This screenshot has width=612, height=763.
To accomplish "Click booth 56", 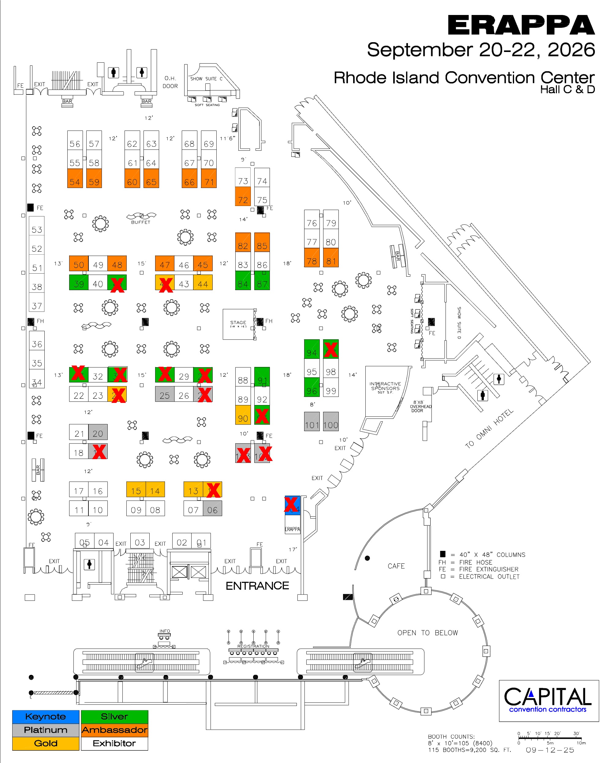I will [75, 144].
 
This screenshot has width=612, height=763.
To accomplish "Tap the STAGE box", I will [238, 324].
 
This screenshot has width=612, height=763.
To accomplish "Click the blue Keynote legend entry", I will [45, 717].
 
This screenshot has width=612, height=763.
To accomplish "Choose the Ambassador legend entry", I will [114, 730].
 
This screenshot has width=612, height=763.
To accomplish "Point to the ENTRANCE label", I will [257, 586].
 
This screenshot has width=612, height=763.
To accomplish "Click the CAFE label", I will [396, 566].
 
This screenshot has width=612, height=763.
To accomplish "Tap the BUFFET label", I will [140, 222].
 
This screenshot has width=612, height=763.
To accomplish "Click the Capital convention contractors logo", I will [548, 700].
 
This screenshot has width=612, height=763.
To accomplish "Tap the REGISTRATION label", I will [253, 646].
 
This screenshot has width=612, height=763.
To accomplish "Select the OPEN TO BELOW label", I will [427, 633].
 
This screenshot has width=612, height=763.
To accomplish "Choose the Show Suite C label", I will [206, 79].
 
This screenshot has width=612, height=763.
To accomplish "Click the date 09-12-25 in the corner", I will [550, 750].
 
